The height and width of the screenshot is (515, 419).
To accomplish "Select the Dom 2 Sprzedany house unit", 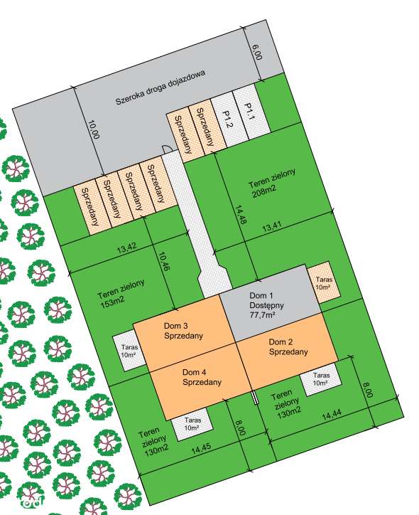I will pyautogui.click(x=288, y=346).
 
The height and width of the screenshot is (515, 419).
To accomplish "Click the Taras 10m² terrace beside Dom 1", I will pyautogui.click(x=324, y=284).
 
